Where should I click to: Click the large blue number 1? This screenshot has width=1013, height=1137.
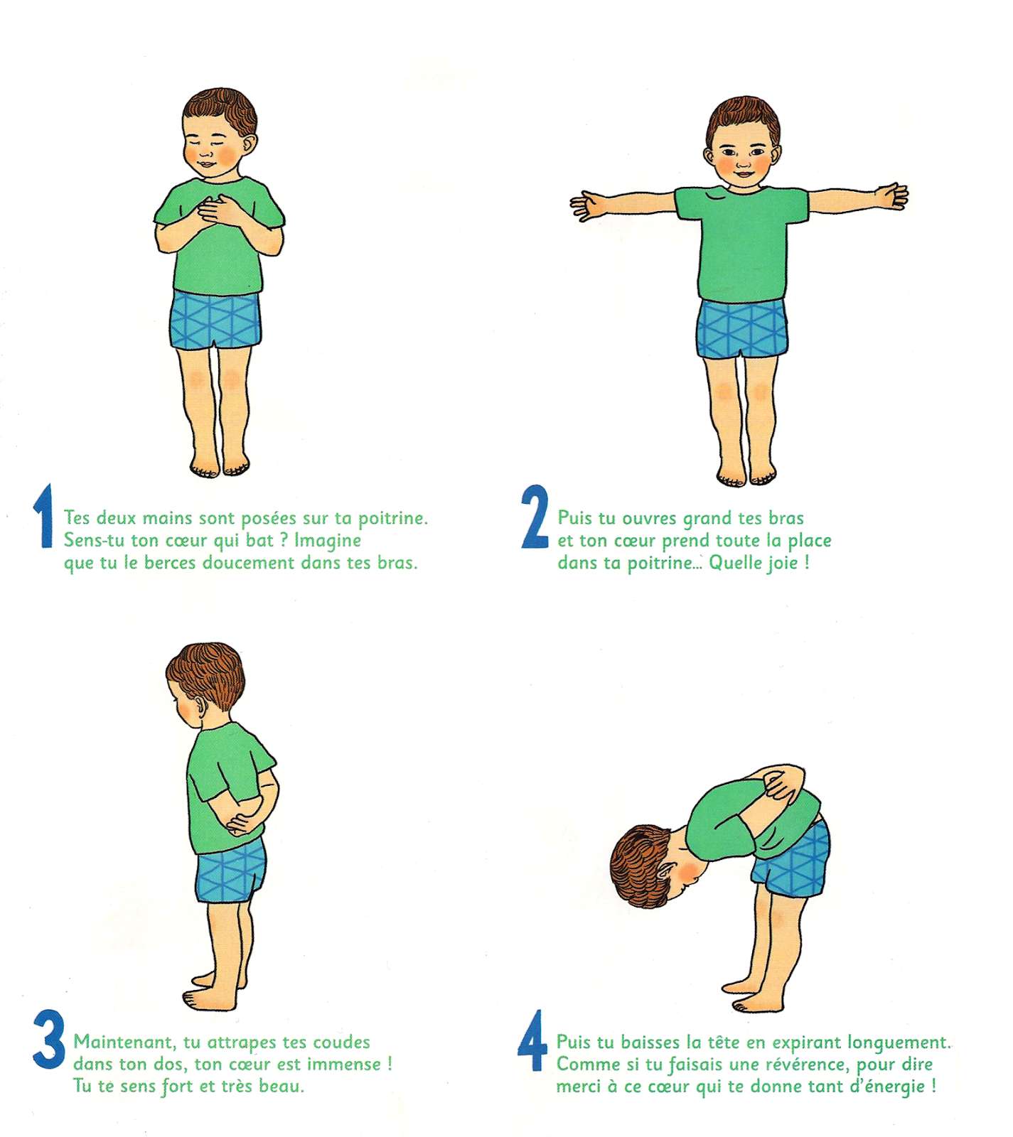click(45, 516)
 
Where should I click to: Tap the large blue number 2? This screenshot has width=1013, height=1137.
click(535, 517)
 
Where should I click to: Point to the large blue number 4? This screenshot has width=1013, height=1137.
click(532, 1040)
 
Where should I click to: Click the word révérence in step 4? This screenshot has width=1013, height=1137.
click(803, 1065)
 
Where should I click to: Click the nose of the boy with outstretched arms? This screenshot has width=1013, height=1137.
click(742, 162)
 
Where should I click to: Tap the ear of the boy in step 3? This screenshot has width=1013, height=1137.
click(203, 708)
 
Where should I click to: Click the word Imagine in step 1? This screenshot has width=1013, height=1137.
click(328, 541)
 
